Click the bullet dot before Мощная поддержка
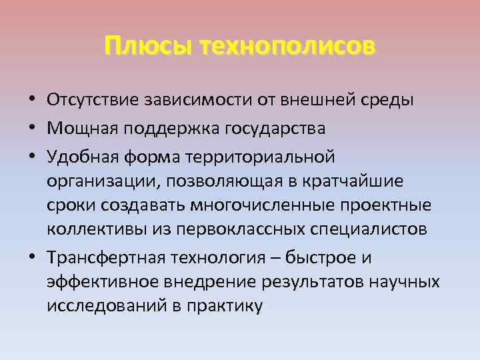(33, 128)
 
